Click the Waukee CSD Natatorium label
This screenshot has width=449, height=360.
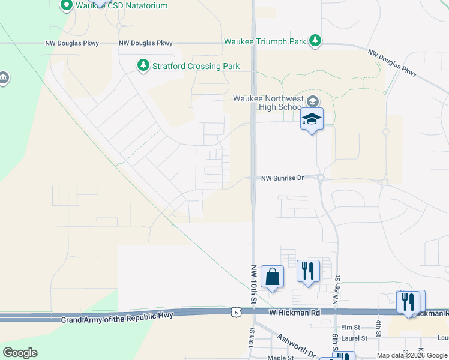[x=122, y=5]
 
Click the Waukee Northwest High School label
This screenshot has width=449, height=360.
[x=268, y=103]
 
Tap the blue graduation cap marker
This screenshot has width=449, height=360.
[x=312, y=119]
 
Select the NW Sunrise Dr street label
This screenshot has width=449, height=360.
[x=283, y=178]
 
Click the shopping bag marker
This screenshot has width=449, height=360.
[x=272, y=277]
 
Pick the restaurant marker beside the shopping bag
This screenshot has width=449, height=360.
[x=308, y=271]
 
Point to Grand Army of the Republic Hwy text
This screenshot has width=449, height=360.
[x=117, y=316]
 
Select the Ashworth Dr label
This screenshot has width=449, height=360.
[x=297, y=345]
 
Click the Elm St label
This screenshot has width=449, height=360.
[x=349, y=328]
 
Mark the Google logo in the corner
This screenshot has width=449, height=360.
[x=20, y=353]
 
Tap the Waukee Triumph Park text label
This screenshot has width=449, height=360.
[x=265, y=42]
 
